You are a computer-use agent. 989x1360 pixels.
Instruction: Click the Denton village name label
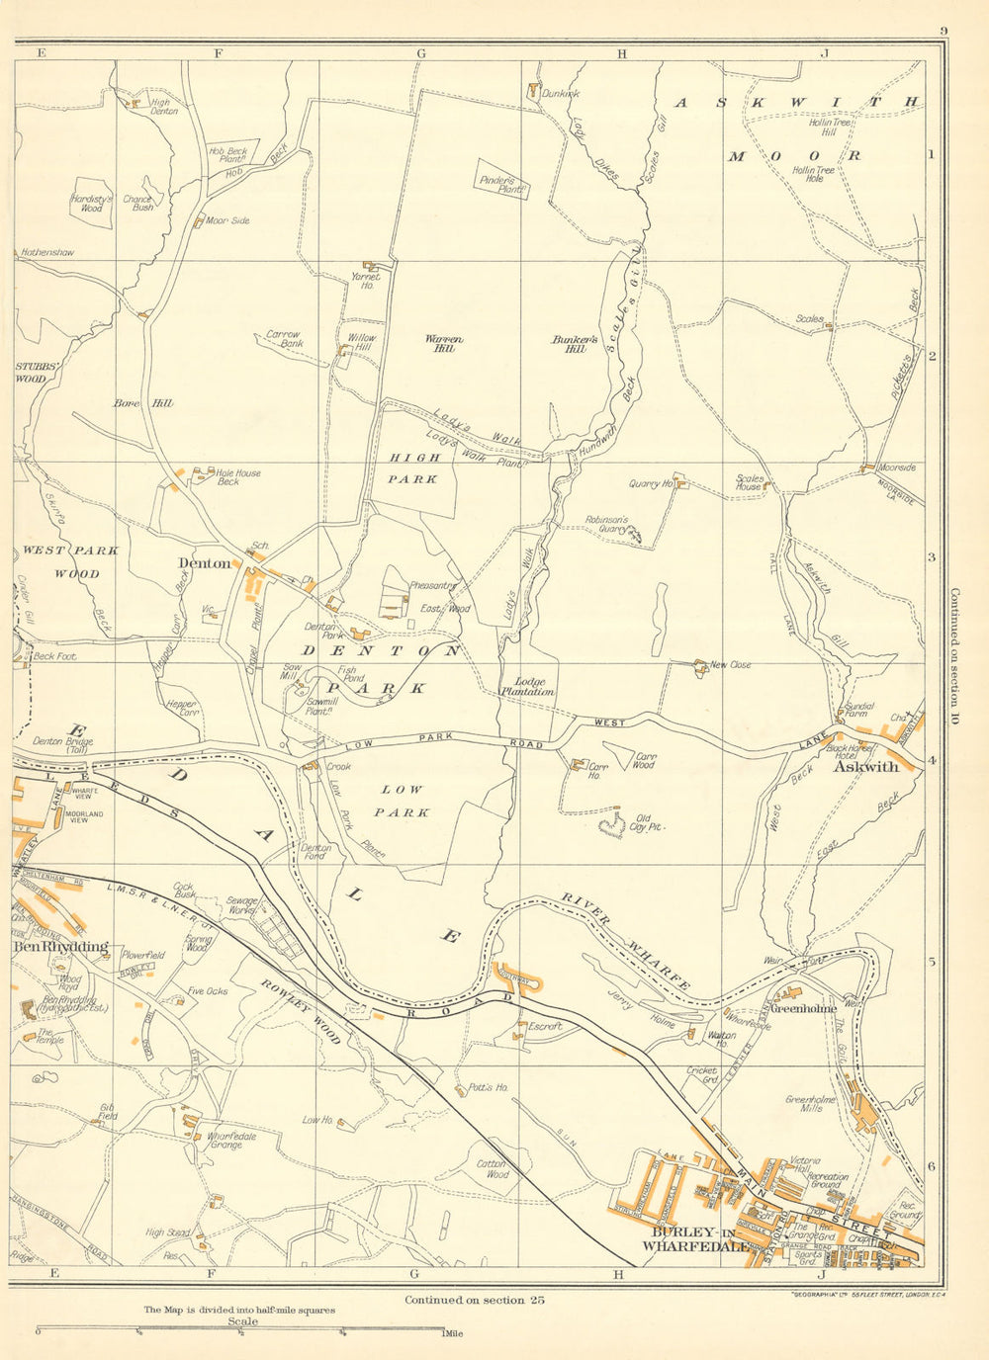pyautogui.click(x=205, y=563)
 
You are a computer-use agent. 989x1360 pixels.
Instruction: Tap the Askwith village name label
pyautogui.click(x=865, y=766)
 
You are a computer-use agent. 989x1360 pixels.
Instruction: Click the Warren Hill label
pyautogui.click(x=444, y=343)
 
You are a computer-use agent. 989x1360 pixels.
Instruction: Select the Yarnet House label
pyautogui.click(x=366, y=282)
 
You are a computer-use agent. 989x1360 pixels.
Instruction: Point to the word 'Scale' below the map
pyautogui.click(x=242, y=1321)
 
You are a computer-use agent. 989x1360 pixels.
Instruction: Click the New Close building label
pyautogui.click(x=731, y=665)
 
